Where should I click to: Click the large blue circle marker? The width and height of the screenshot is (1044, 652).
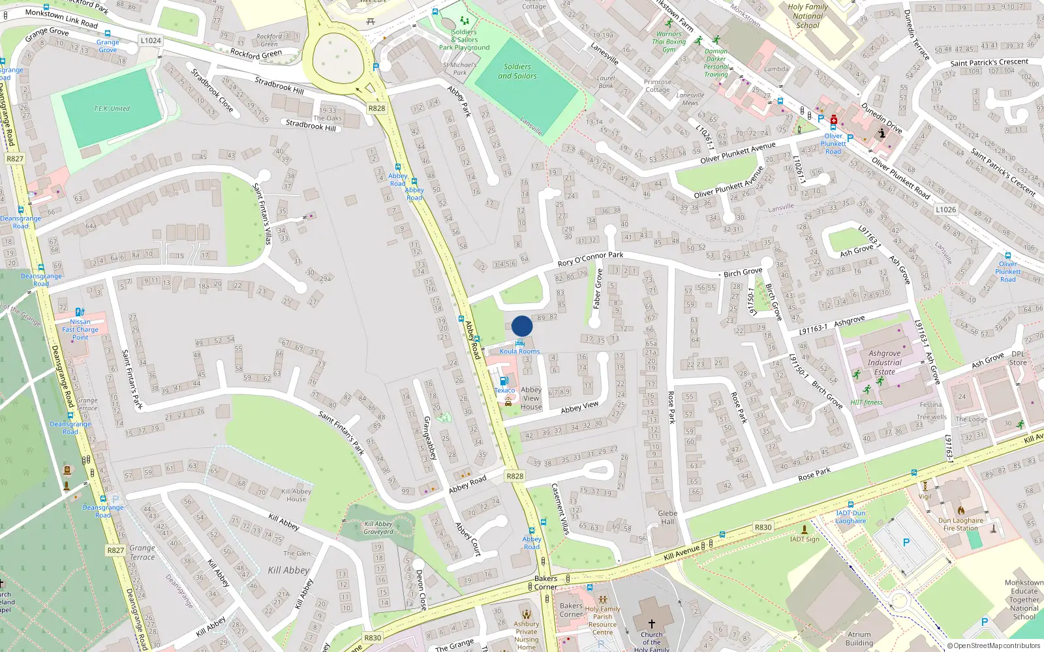click(x=522, y=326)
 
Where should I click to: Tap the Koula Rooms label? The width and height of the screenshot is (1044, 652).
click(x=519, y=351)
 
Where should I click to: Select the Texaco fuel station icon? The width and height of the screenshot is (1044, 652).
click(x=504, y=381)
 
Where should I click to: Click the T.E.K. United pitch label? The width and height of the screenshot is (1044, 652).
click(x=112, y=109)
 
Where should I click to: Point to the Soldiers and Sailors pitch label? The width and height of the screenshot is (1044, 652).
click(x=517, y=71)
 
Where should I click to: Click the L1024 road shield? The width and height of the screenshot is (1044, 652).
click(x=150, y=40)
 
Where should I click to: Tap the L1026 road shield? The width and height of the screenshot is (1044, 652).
click(x=945, y=210)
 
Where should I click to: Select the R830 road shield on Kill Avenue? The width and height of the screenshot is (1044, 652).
click(x=763, y=527)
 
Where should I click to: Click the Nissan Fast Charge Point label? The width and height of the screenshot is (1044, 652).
click(x=80, y=329)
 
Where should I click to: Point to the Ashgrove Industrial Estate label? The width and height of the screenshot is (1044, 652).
click(x=884, y=363)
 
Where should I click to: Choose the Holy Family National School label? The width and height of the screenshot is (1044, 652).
click(x=808, y=16)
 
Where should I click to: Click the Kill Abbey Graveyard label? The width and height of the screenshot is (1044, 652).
click(x=378, y=527)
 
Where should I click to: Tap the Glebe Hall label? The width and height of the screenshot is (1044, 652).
click(x=668, y=518)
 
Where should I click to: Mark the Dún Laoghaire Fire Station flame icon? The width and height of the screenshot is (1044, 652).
click(x=960, y=511)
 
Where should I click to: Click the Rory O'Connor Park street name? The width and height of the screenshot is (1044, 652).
click(x=590, y=259)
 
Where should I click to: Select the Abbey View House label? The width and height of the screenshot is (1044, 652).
click(x=531, y=398)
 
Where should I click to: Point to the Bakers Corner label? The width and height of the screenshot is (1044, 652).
click(x=545, y=583)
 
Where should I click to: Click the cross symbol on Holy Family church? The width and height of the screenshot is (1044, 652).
click(x=651, y=624)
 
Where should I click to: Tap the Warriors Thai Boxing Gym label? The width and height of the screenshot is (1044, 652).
click(x=669, y=42)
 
